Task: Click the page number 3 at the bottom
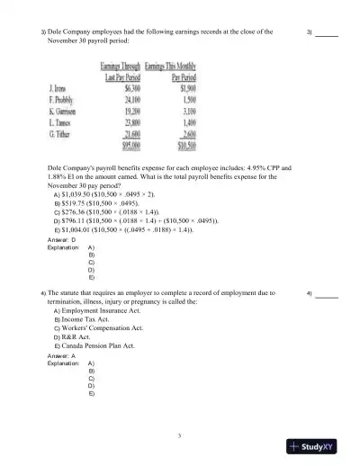coord(180,435)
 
